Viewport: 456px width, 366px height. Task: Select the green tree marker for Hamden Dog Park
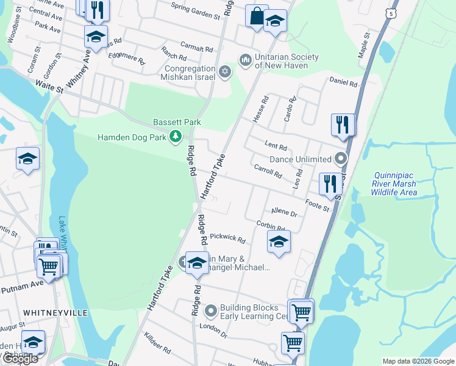(176, 136)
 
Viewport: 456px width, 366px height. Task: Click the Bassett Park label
(177, 122)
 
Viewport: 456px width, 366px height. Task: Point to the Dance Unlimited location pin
(340, 159)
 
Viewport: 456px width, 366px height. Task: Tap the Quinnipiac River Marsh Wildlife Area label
(394, 184)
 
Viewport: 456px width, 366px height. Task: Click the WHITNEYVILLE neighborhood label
(55, 312)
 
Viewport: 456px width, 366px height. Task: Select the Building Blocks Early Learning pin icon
(211, 312)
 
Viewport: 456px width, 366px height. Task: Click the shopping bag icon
(257, 16)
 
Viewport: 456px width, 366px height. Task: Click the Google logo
(20, 359)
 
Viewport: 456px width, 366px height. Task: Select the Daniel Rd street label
(342, 81)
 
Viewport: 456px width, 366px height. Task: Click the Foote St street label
(317, 205)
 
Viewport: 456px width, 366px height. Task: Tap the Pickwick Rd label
(227, 237)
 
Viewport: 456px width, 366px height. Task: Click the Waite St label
(49, 86)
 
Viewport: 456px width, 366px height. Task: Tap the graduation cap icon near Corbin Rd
(279, 242)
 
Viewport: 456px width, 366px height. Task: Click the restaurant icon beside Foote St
(330, 184)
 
